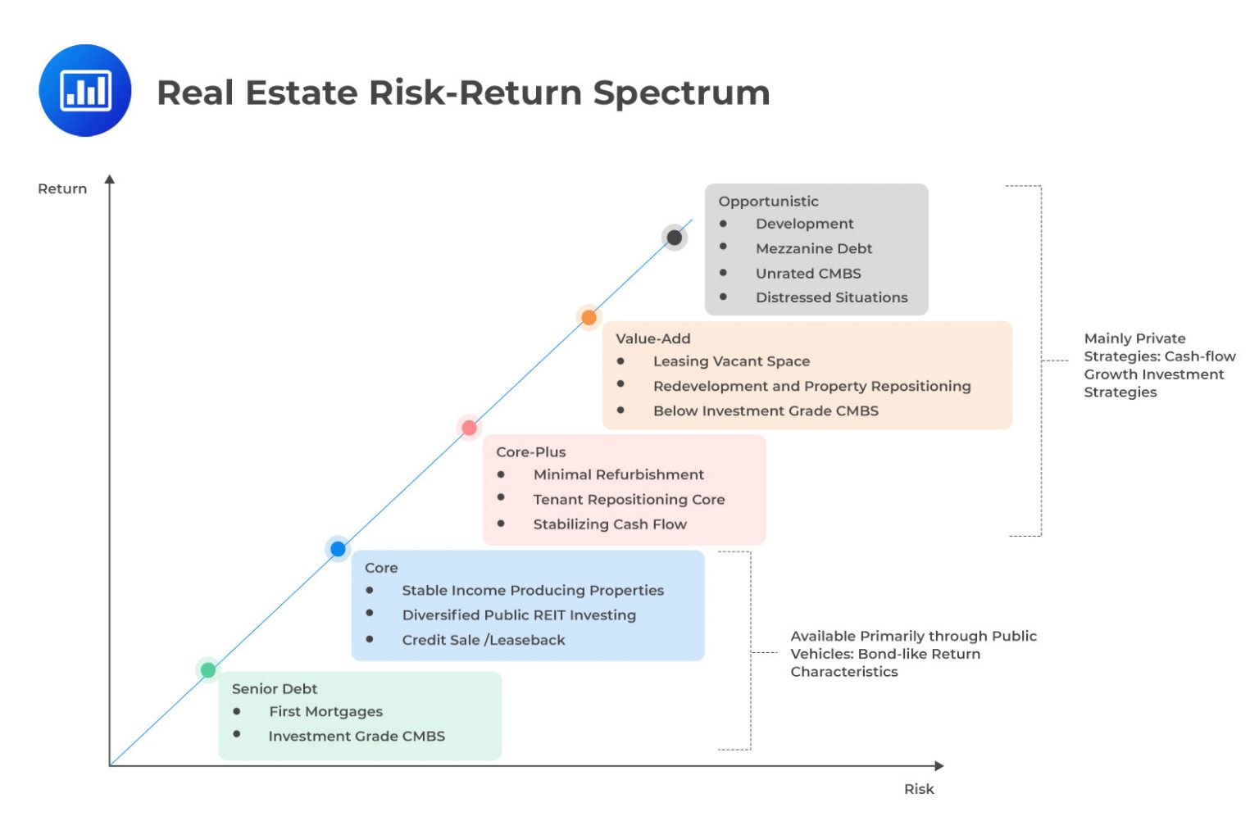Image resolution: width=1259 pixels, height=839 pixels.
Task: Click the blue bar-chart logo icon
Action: click(x=85, y=90)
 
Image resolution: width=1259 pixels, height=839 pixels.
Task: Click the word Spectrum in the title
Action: click(x=681, y=93)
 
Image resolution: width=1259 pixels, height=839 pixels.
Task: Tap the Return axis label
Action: click(x=62, y=188)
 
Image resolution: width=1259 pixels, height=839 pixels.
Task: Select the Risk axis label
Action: click(x=919, y=789)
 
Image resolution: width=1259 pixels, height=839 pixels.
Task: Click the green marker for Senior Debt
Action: click(x=208, y=670)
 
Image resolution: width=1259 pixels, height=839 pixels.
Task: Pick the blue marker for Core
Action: click(x=338, y=549)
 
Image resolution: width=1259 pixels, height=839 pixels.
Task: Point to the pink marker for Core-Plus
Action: click(x=469, y=428)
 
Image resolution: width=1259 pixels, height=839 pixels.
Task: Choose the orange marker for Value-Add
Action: click(x=589, y=318)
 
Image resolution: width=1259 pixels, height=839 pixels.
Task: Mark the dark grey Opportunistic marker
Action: click(x=674, y=238)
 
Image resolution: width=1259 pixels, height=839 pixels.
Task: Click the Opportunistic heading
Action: click(x=768, y=202)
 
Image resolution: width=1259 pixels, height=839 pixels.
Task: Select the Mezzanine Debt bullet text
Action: click(x=813, y=248)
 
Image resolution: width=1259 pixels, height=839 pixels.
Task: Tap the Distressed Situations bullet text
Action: click(x=831, y=297)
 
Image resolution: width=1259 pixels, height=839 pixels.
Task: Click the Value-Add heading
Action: click(x=652, y=338)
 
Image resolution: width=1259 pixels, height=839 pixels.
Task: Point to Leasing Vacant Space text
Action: click(x=731, y=361)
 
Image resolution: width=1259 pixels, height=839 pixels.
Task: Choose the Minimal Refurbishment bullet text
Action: click(x=618, y=474)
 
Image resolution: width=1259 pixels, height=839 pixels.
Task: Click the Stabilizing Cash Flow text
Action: click(x=610, y=524)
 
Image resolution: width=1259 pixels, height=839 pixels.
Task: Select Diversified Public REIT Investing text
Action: click(x=519, y=615)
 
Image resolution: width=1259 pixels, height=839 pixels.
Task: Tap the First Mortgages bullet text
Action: click(x=325, y=711)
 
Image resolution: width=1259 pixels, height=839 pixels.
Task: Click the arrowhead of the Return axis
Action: click(x=110, y=179)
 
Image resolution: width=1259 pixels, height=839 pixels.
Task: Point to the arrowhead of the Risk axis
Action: click(x=939, y=766)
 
